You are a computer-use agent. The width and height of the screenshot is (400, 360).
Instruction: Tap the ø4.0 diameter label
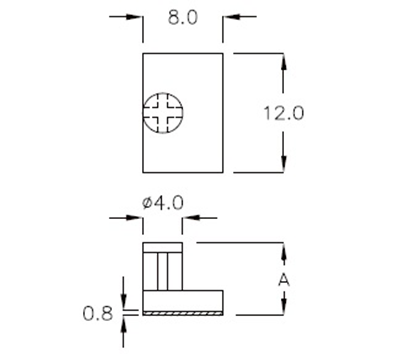(163, 203)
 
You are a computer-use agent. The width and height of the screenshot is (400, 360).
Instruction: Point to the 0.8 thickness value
(98, 313)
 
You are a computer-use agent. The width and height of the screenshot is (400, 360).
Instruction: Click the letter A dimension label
(285, 279)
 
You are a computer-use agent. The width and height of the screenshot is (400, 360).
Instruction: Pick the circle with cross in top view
(163, 112)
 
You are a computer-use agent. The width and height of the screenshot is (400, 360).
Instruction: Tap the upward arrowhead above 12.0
(286, 61)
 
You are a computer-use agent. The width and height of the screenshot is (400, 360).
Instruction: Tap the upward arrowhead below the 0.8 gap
(124, 323)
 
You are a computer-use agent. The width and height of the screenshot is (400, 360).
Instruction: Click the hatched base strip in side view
(182, 312)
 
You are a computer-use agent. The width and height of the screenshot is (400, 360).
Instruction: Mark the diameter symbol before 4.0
(147, 203)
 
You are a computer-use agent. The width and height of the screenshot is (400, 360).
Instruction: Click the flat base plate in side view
(182, 301)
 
